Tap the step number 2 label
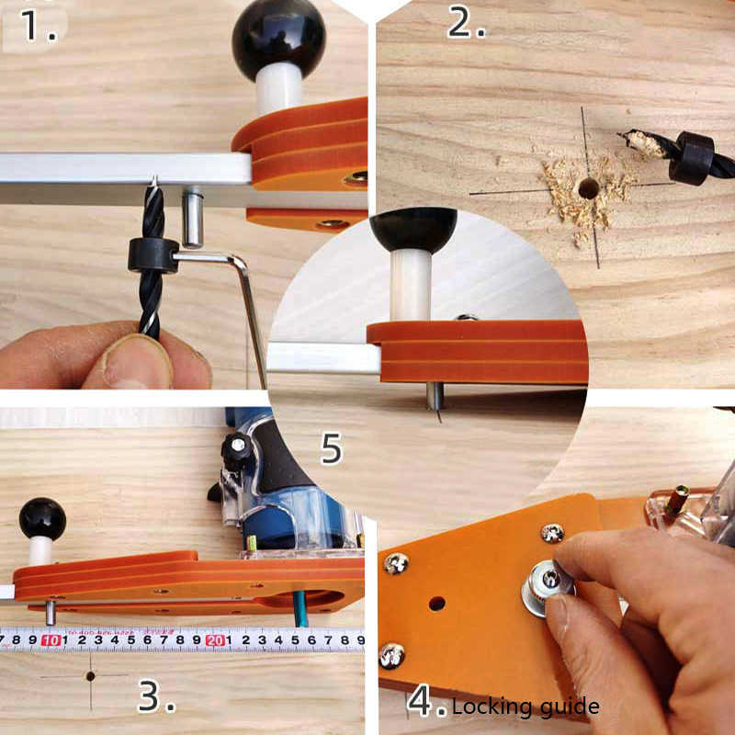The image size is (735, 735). (x=466, y=22)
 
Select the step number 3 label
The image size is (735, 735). (x=155, y=697)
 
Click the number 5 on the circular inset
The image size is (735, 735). (x=331, y=448)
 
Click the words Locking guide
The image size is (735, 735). (x=525, y=707)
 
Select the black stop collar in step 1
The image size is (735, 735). (x=152, y=256)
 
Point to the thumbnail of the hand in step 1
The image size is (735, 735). (x=138, y=360)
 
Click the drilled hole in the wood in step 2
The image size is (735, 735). (x=585, y=189)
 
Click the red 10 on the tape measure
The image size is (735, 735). (x=52, y=639)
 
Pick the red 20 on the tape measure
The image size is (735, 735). (x=215, y=639)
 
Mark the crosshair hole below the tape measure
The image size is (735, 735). (x=90, y=675)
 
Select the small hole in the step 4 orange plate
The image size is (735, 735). (x=436, y=605)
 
